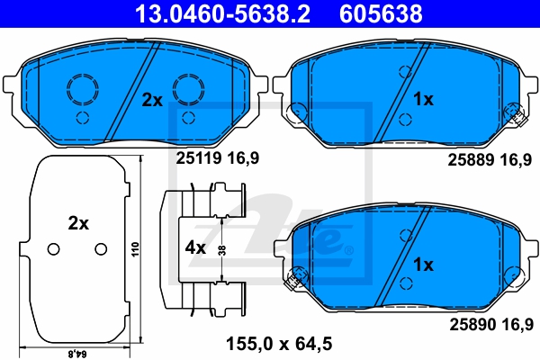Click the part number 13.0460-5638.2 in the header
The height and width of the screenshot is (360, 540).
pos(222,13)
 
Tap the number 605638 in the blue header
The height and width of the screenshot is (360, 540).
pos(381,13)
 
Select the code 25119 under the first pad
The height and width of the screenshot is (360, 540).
pos(199,158)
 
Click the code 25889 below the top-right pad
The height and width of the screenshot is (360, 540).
pos(471,160)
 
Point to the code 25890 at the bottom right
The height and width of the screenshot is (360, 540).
pos(472,324)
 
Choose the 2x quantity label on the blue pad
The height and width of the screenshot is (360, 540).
pos(152,100)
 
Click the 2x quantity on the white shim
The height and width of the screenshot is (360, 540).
pos(78,223)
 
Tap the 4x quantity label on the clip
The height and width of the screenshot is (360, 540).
pos(195,247)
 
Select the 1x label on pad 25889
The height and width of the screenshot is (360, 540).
pos(423,99)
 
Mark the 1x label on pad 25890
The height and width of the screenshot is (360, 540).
pos(423,265)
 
